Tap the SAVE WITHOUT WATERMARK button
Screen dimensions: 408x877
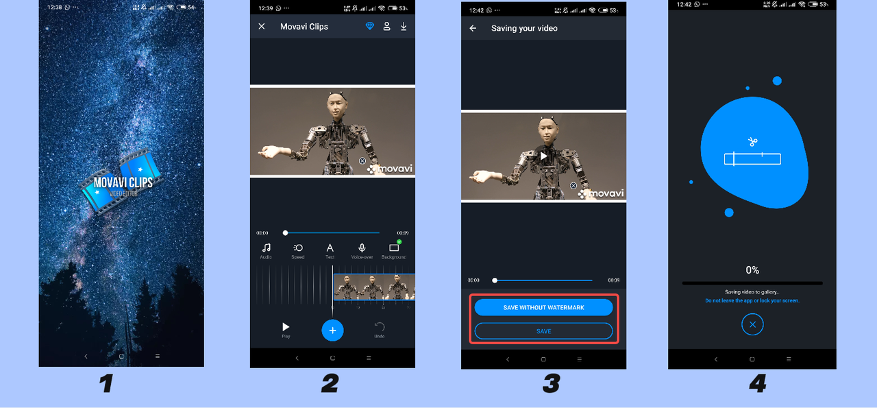(543, 307)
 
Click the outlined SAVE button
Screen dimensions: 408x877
(543, 331)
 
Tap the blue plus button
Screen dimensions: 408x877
(332, 331)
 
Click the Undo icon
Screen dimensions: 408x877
(380, 328)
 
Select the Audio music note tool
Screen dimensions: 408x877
(266, 248)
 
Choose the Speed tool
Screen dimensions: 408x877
(298, 248)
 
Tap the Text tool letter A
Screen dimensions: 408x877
(330, 248)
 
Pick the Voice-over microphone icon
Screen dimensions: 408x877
(362, 248)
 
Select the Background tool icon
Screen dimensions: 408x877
(394, 248)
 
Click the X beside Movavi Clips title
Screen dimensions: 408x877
(262, 27)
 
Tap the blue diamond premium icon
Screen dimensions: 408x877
(370, 27)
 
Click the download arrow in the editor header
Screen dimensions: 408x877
(404, 27)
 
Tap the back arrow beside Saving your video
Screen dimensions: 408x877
(473, 28)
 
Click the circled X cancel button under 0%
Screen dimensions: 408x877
(752, 324)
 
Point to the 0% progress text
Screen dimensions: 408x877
(752, 270)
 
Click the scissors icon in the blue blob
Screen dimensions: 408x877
(752, 142)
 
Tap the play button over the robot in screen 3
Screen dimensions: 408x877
(543, 156)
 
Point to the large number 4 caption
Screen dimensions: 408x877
(757, 383)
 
